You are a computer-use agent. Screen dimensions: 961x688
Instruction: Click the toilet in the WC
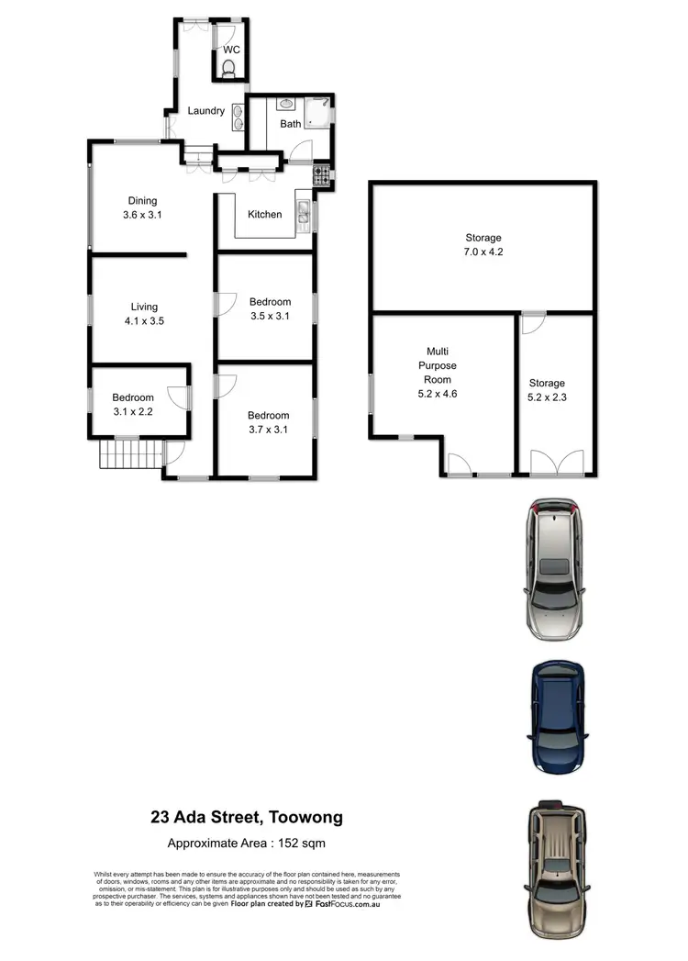click(228, 67)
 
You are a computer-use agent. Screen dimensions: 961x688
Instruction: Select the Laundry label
click(206, 111)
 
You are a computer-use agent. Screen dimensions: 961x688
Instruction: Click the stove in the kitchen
click(322, 173)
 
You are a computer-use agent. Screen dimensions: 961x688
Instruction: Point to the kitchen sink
click(303, 215)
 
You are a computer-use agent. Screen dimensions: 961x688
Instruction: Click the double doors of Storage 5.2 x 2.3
click(556, 462)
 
